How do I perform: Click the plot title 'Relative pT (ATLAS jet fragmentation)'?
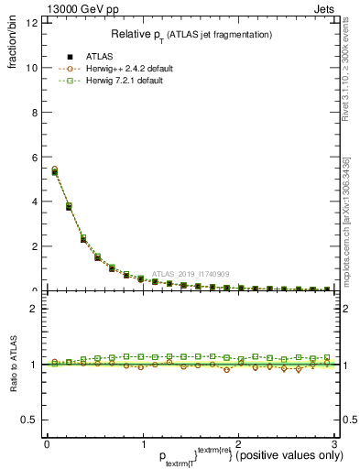pos(191,34)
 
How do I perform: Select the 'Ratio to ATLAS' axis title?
pos(13,365)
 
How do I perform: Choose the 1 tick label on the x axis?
pos(143,443)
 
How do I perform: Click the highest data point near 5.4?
pos(54,170)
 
